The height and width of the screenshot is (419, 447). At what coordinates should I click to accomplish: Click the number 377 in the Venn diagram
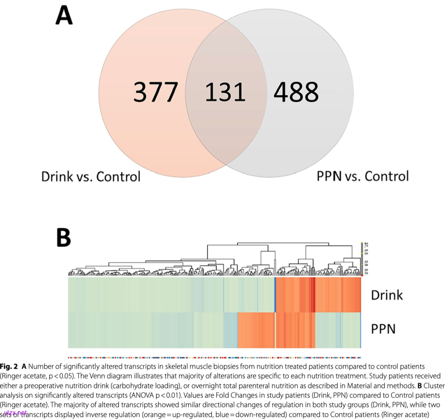click(x=156, y=92)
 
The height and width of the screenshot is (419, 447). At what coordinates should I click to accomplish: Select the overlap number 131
click(x=225, y=92)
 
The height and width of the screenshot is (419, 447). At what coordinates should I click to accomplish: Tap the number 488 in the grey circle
click(x=296, y=92)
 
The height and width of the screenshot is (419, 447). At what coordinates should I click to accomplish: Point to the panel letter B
click(x=63, y=237)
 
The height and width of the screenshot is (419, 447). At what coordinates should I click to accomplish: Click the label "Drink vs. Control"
click(x=91, y=176)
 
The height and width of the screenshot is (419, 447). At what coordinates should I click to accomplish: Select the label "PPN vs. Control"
click(x=363, y=176)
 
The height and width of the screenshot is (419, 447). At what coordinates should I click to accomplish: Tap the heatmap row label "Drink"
click(x=387, y=295)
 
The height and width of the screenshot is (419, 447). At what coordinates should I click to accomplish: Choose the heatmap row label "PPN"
click(x=383, y=329)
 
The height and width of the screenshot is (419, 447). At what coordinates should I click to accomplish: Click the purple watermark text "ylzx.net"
click(x=15, y=413)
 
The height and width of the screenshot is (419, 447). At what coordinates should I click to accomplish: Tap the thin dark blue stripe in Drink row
click(x=275, y=295)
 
